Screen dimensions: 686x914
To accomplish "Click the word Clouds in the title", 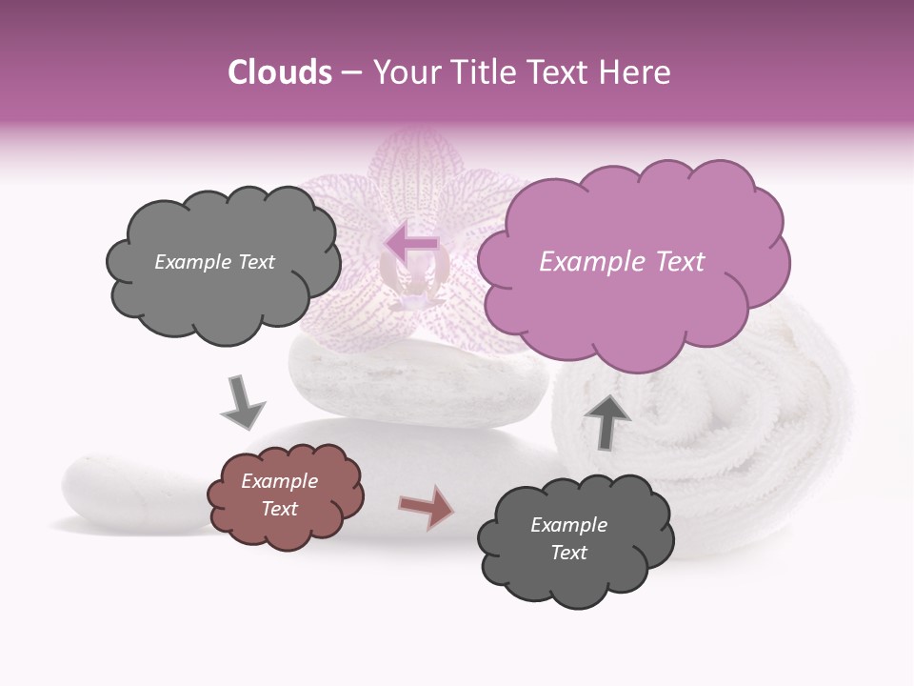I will [280, 72].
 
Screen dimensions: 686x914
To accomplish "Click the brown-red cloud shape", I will [285, 494].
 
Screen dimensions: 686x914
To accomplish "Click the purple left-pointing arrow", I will [410, 246].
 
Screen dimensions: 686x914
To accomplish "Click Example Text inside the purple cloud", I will [622, 262].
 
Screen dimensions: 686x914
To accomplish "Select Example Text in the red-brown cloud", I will [280, 494].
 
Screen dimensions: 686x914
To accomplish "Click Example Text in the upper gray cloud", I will [214, 262].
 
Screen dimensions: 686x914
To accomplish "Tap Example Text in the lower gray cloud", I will [569, 538].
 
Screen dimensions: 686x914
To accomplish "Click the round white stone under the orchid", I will [419, 381].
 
